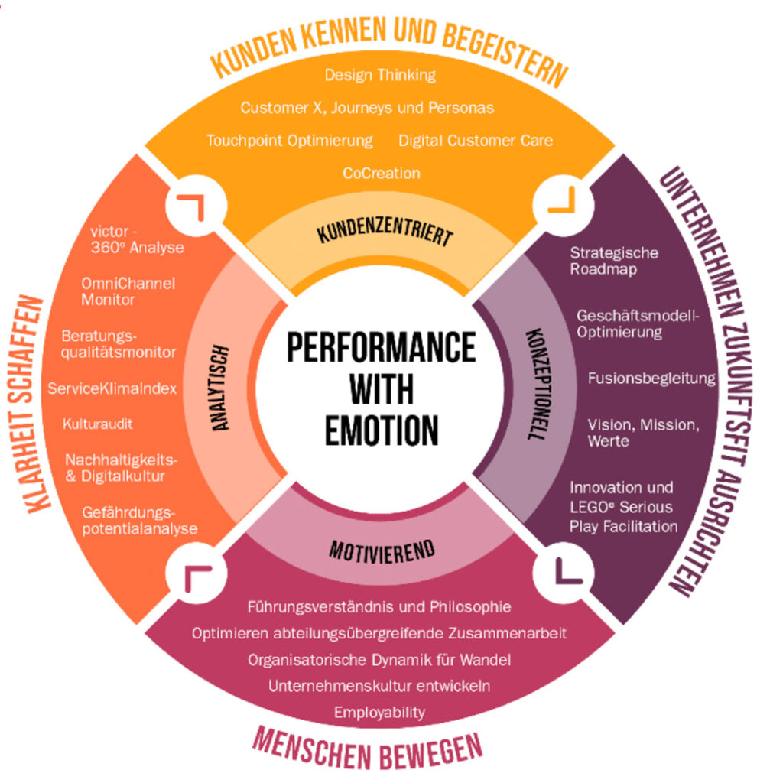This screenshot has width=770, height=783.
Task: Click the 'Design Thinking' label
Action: (x=380, y=75)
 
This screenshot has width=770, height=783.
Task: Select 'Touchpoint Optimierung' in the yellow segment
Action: (x=290, y=141)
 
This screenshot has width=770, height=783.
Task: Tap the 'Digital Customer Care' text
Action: (x=475, y=141)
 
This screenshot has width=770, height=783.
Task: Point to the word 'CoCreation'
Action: (x=381, y=174)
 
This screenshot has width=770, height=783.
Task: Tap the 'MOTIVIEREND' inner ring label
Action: (x=381, y=548)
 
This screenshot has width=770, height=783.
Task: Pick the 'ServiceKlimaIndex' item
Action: (x=112, y=388)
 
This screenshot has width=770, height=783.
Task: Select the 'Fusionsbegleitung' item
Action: (x=651, y=379)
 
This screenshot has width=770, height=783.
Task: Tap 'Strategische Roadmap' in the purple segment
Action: (x=614, y=261)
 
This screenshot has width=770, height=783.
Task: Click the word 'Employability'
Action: (x=379, y=712)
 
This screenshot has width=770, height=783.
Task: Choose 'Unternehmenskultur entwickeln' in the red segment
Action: (x=379, y=685)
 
